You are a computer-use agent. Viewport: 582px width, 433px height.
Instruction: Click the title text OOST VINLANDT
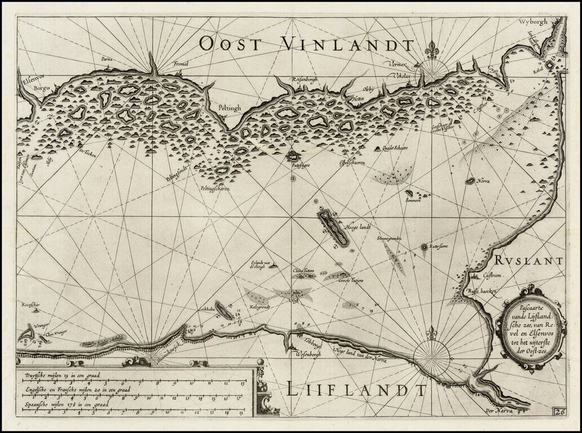point(306,43)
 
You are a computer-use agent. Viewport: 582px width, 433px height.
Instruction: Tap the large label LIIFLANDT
point(356,390)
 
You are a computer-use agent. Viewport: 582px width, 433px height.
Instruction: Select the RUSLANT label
point(530,260)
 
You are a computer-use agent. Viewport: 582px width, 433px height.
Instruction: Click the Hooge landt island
point(333,226)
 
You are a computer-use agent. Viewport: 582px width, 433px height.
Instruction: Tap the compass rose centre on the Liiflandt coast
point(431,355)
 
